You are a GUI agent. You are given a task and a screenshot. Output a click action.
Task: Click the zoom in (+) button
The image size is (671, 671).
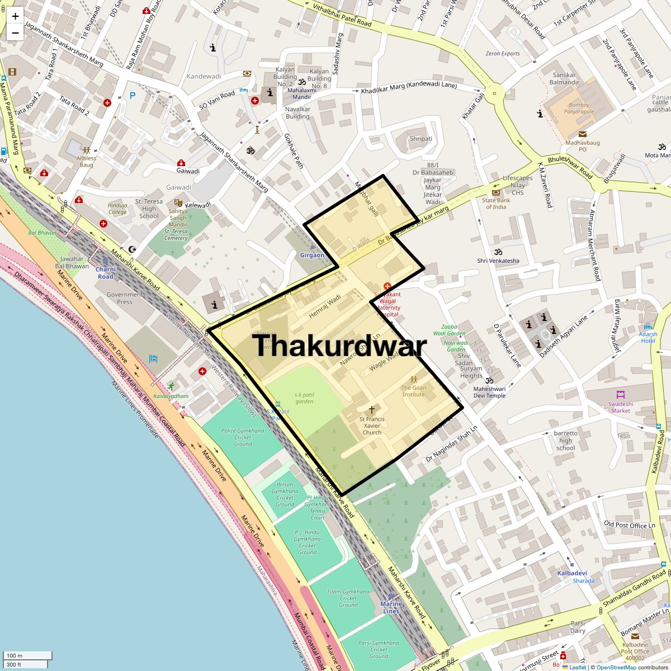tap(15, 16)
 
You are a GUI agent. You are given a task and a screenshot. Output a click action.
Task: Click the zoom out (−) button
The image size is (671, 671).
tap(15, 33)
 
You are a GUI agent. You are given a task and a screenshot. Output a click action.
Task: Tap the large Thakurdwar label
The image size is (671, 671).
tap(339, 345)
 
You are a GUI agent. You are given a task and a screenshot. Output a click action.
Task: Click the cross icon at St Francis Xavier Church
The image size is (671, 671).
tap(372, 410)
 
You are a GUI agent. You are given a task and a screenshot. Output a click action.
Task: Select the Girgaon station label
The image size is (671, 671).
tap(312, 255)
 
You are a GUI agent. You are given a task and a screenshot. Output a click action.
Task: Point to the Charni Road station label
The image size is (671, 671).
tap(106, 273)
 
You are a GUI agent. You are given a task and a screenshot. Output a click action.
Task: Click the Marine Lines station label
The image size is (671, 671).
tap(391, 607)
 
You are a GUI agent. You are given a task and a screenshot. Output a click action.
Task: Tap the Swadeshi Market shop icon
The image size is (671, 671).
tap(620, 395)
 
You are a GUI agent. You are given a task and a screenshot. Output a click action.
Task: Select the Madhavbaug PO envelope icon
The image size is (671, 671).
tap(583, 134)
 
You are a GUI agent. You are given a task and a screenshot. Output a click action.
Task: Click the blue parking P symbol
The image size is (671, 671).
tap(133, 96)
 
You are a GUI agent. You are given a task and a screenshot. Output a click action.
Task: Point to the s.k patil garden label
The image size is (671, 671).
tap(304, 398)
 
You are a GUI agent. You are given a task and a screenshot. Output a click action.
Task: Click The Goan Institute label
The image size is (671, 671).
tap(414, 391)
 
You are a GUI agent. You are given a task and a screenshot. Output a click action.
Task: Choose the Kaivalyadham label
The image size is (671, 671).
tap(172, 396)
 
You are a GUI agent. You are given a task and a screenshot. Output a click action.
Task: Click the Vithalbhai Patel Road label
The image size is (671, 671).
tap(342, 16)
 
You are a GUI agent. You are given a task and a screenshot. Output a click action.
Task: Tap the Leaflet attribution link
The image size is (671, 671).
tap(578, 667)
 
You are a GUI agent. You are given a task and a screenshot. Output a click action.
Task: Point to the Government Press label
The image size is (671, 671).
tap(125, 298)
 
